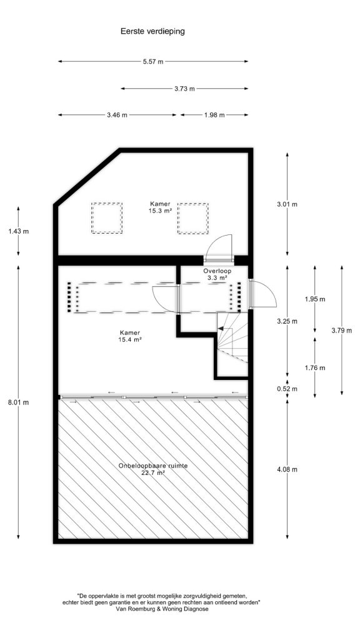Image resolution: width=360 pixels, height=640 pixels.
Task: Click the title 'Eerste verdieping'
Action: [152, 31]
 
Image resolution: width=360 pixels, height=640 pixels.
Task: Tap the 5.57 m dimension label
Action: [153, 62]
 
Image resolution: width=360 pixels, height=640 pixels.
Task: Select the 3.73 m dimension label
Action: [184, 89]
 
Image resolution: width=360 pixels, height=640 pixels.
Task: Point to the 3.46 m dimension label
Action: [117, 115]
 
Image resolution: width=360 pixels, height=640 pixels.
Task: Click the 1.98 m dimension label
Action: [214, 115]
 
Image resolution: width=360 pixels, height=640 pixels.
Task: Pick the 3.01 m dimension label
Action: [287, 204]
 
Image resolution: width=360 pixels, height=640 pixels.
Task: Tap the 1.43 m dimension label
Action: [18, 231]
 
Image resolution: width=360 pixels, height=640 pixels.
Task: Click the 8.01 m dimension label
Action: [18, 402]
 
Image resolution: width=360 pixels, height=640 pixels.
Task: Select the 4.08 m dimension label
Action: [287, 469]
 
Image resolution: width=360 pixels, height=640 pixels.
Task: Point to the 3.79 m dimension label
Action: [342, 331]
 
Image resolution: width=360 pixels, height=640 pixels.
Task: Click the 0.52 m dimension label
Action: [287, 389]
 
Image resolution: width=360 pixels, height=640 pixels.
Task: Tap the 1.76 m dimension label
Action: [315, 367]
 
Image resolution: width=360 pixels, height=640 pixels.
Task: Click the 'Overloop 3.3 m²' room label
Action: [217, 274]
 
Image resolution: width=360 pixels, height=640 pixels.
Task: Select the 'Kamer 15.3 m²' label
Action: [160, 207]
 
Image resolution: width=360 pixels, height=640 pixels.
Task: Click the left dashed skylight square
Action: [107, 218]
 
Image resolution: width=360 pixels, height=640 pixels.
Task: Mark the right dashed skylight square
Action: [192, 218]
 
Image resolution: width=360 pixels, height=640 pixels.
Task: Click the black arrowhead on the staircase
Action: [220, 328]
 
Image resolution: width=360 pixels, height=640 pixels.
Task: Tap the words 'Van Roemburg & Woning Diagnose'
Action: [162, 609]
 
